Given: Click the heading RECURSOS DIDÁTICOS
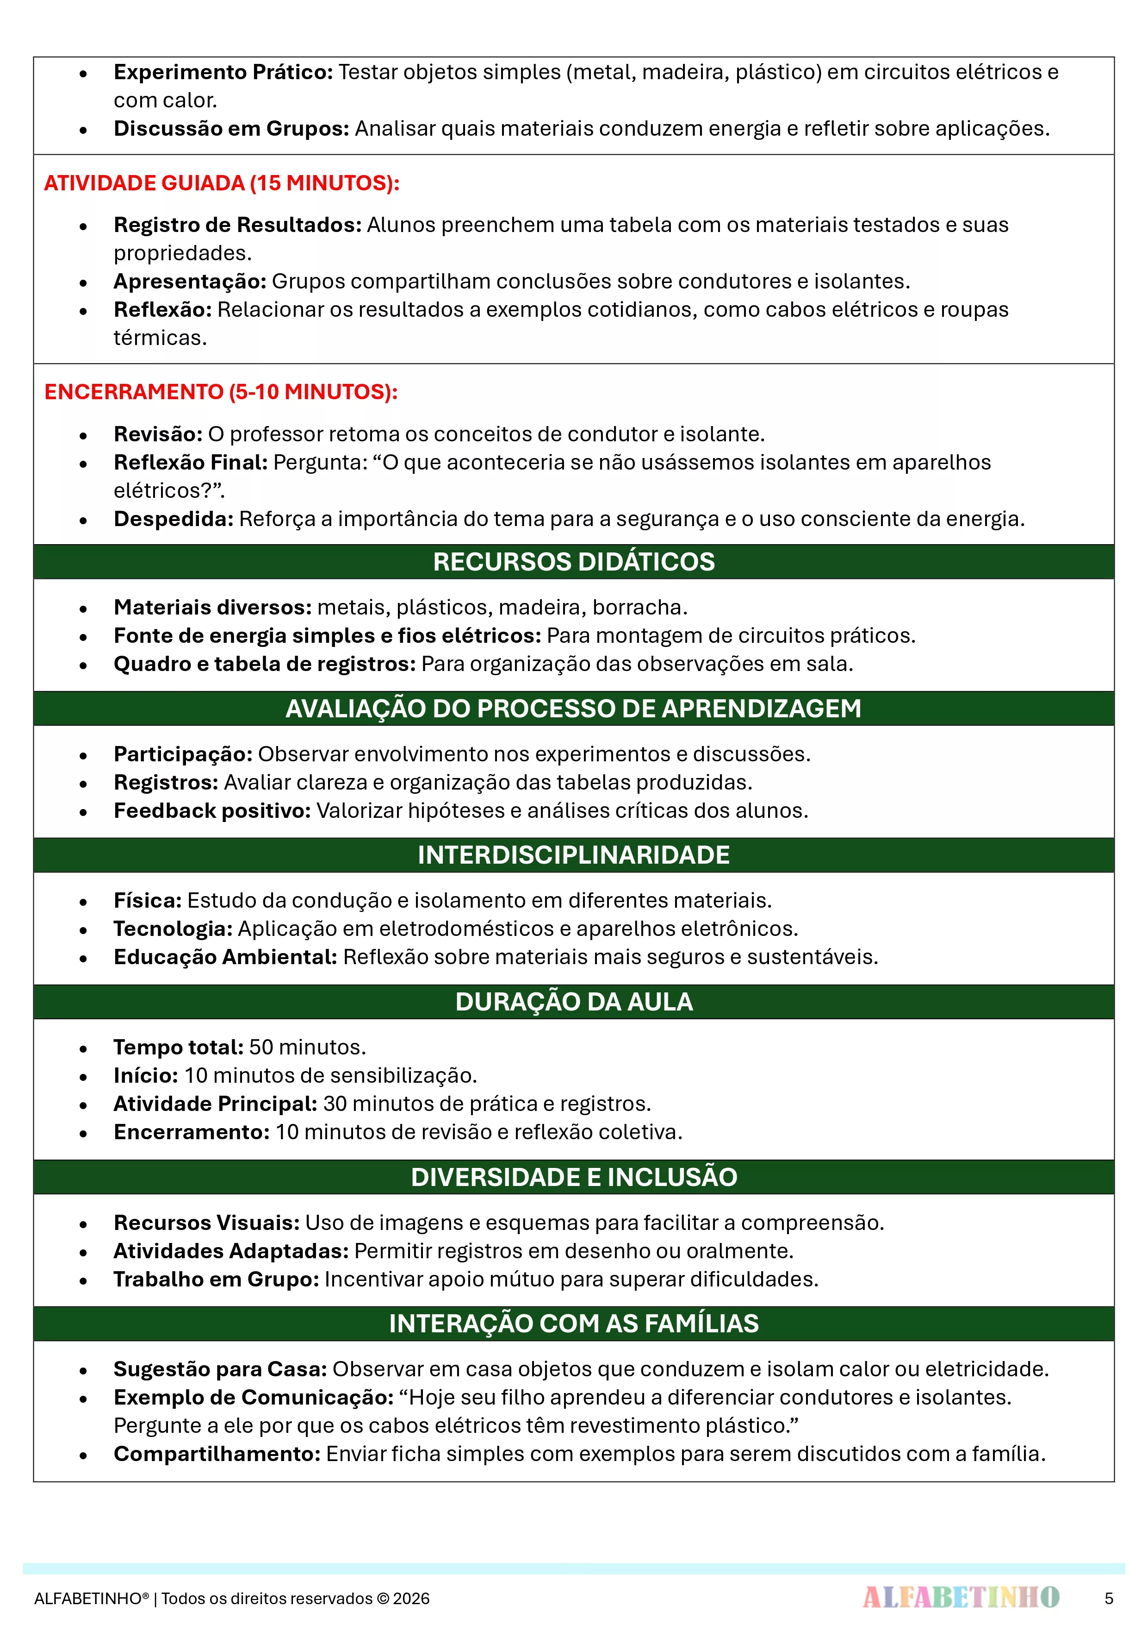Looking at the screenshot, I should point(574,561).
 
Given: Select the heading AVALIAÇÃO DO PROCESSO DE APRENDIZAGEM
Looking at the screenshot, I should point(574,709).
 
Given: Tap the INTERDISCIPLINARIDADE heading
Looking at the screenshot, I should point(574,855).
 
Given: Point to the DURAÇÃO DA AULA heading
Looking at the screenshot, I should point(574,1002).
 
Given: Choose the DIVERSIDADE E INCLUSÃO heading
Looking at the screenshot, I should point(574,1177).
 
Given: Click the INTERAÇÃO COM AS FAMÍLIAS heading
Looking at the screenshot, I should point(574,1324).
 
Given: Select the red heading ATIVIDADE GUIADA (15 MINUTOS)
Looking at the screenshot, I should point(221,183).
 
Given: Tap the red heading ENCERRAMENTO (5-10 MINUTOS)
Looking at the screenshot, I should point(221,392).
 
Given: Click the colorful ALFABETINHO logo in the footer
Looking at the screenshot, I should point(961,1597).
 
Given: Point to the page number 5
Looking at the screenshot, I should point(1108,1598).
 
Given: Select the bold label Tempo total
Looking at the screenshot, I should point(178,1048).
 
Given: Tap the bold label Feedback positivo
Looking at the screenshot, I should point(212,811).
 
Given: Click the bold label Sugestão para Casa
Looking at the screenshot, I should point(220,1369).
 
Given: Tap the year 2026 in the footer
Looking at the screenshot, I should point(411,1599).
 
